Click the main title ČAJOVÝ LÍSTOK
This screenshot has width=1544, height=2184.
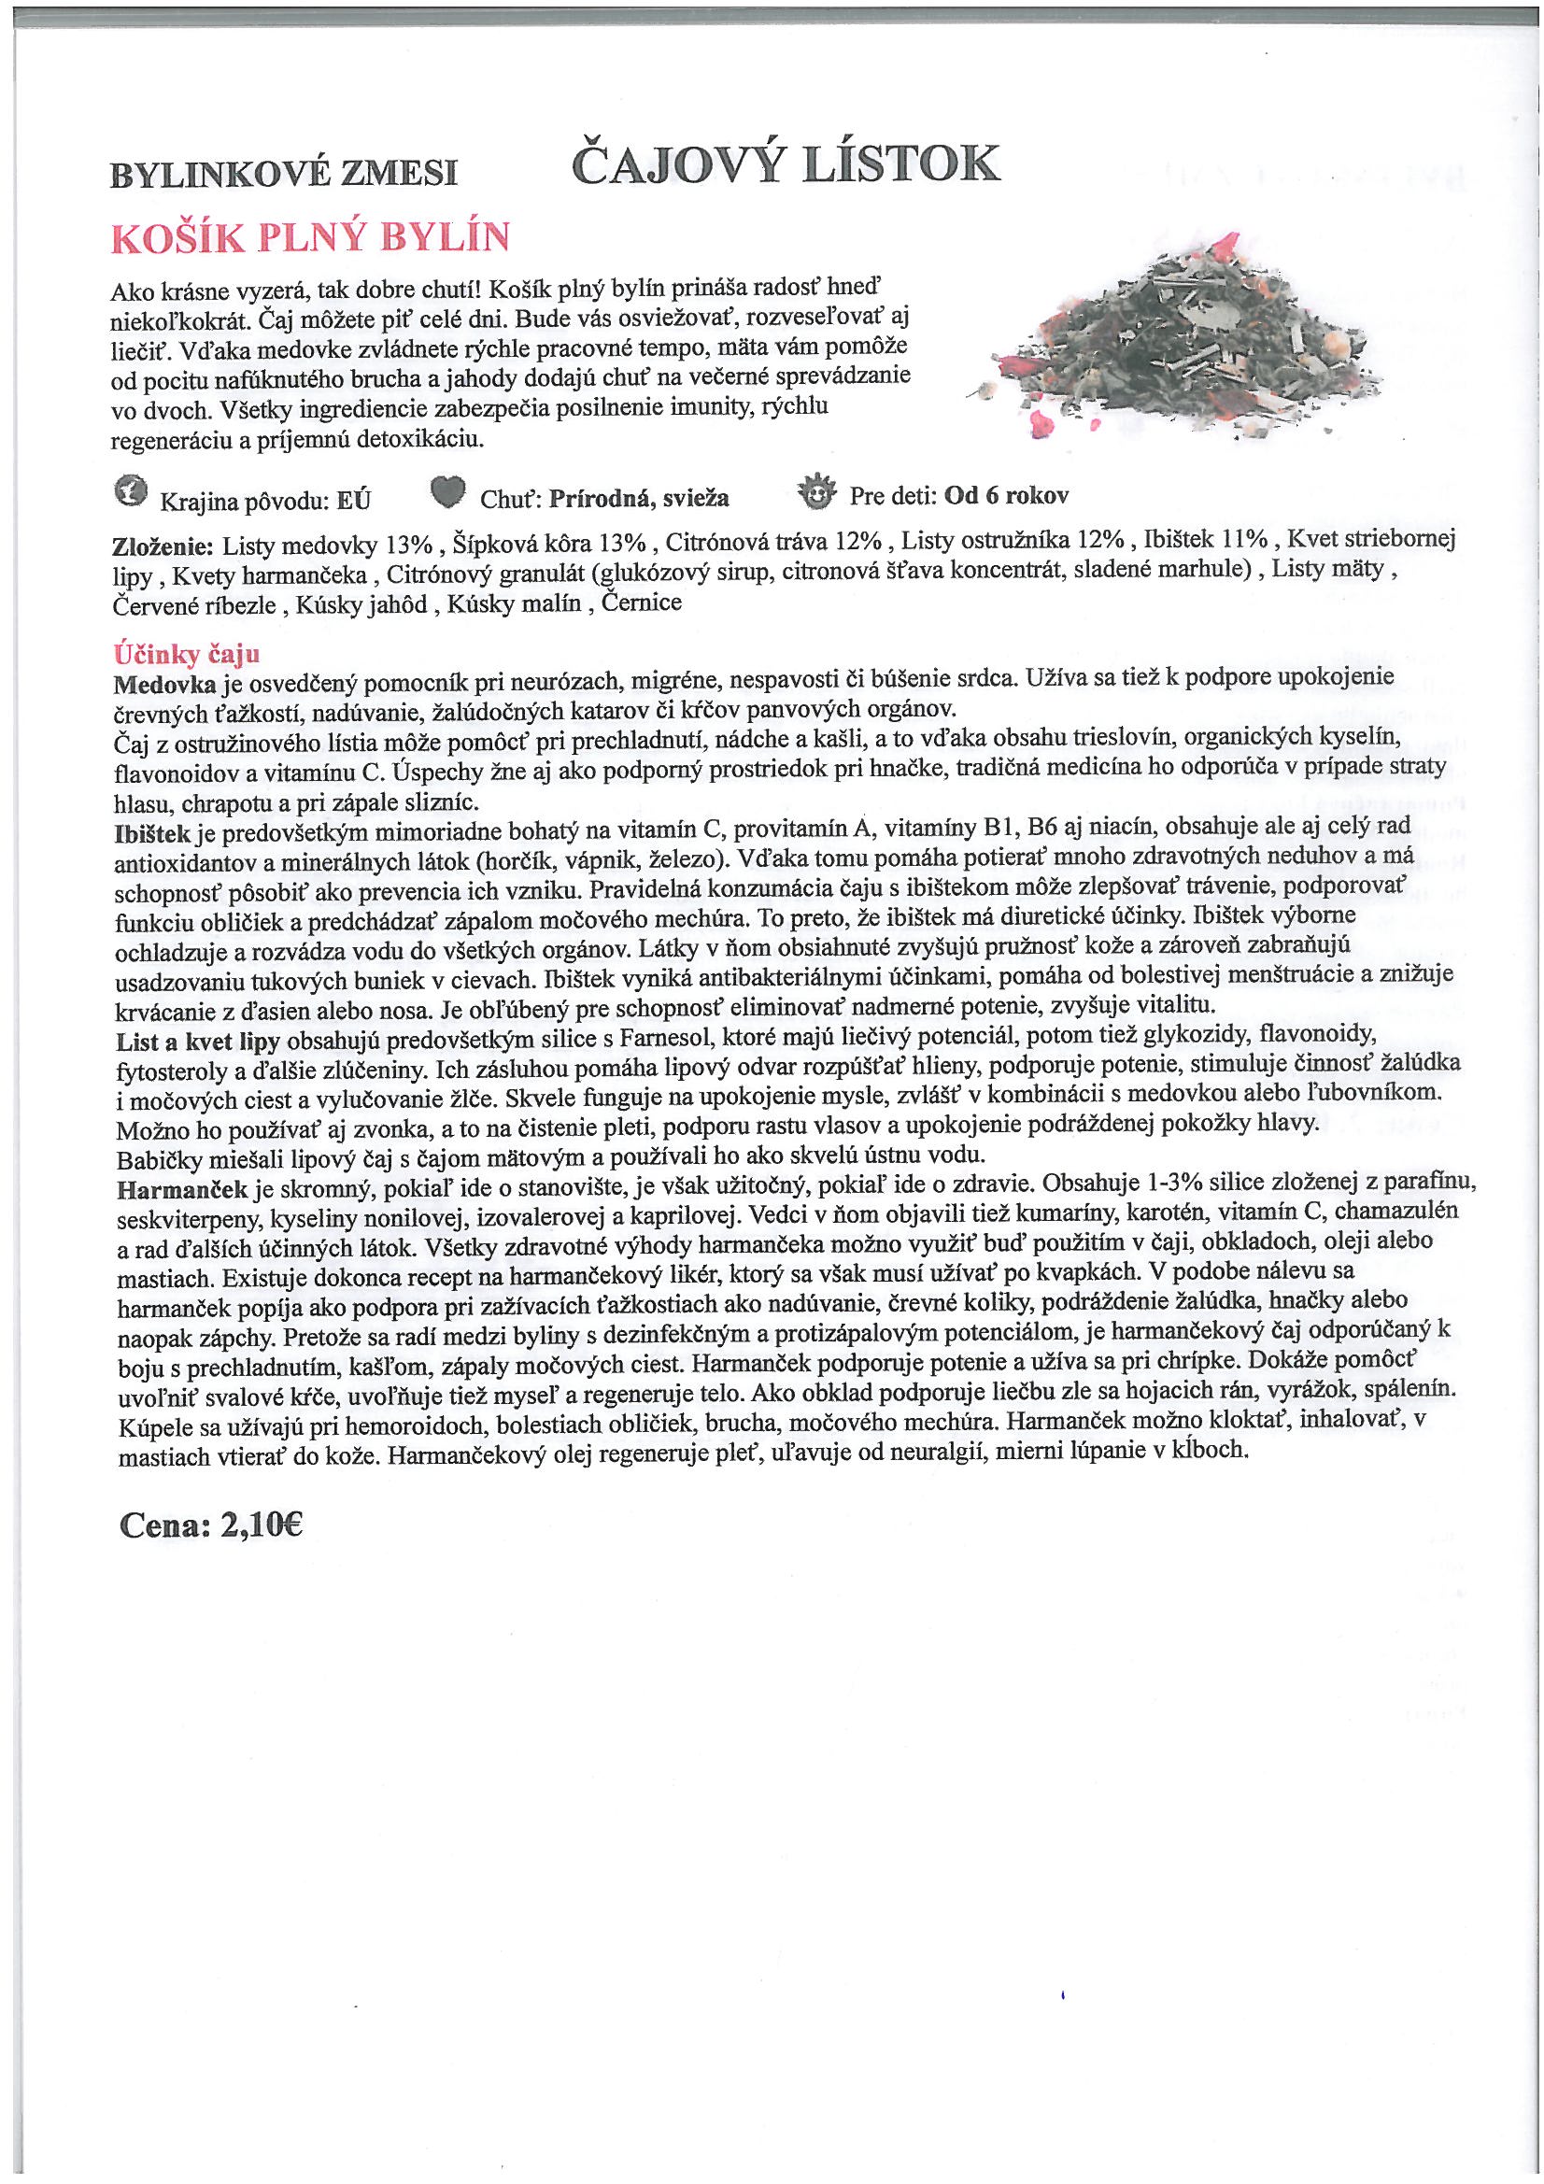tap(785, 165)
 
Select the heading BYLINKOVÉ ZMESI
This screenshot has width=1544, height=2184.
tap(284, 173)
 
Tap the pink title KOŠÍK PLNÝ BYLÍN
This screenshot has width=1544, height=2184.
tap(310, 238)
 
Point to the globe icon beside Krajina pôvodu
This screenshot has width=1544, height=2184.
tap(131, 491)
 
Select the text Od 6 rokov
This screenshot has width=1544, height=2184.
tap(1007, 496)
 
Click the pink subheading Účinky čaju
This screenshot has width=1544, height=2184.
tap(187, 655)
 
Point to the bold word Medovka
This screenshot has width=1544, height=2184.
tap(164, 684)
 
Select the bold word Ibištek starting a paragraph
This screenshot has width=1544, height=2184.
tap(152, 833)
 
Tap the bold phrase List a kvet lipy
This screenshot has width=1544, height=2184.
tap(198, 1041)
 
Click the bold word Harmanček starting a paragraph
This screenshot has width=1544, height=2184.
tap(182, 1189)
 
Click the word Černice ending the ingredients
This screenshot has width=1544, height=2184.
tap(641, 603)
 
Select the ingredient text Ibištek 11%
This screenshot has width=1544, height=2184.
tap(1205, 540)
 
